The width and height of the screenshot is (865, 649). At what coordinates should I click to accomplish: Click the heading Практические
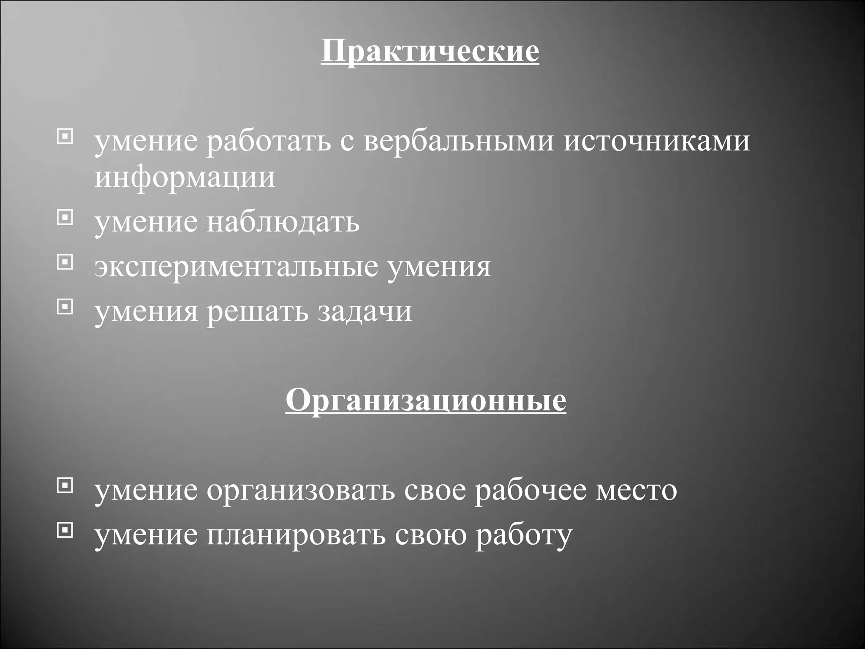pos(430,52)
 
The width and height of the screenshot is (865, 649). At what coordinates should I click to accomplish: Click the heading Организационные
pos(426,400)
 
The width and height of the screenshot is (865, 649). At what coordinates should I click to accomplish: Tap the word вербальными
pos(458,141)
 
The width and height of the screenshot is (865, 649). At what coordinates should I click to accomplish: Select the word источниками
pos(657,141)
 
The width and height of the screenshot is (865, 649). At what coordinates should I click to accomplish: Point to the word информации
pos(185,177)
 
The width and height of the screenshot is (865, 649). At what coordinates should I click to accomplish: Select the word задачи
pos(364,312)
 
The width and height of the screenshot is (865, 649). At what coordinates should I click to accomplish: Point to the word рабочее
pos(530,491)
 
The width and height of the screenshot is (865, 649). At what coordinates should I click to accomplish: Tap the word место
pos(636,491)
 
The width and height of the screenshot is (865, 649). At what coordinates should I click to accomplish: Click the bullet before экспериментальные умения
pos(65,262)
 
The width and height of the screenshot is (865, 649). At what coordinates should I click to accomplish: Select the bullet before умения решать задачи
pos(65,307)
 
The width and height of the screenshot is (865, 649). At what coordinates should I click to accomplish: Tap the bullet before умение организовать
pos(65,485)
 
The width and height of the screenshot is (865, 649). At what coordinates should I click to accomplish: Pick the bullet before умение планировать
pos(65,530)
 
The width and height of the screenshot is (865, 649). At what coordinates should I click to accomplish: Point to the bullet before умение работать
pos(65,137)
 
